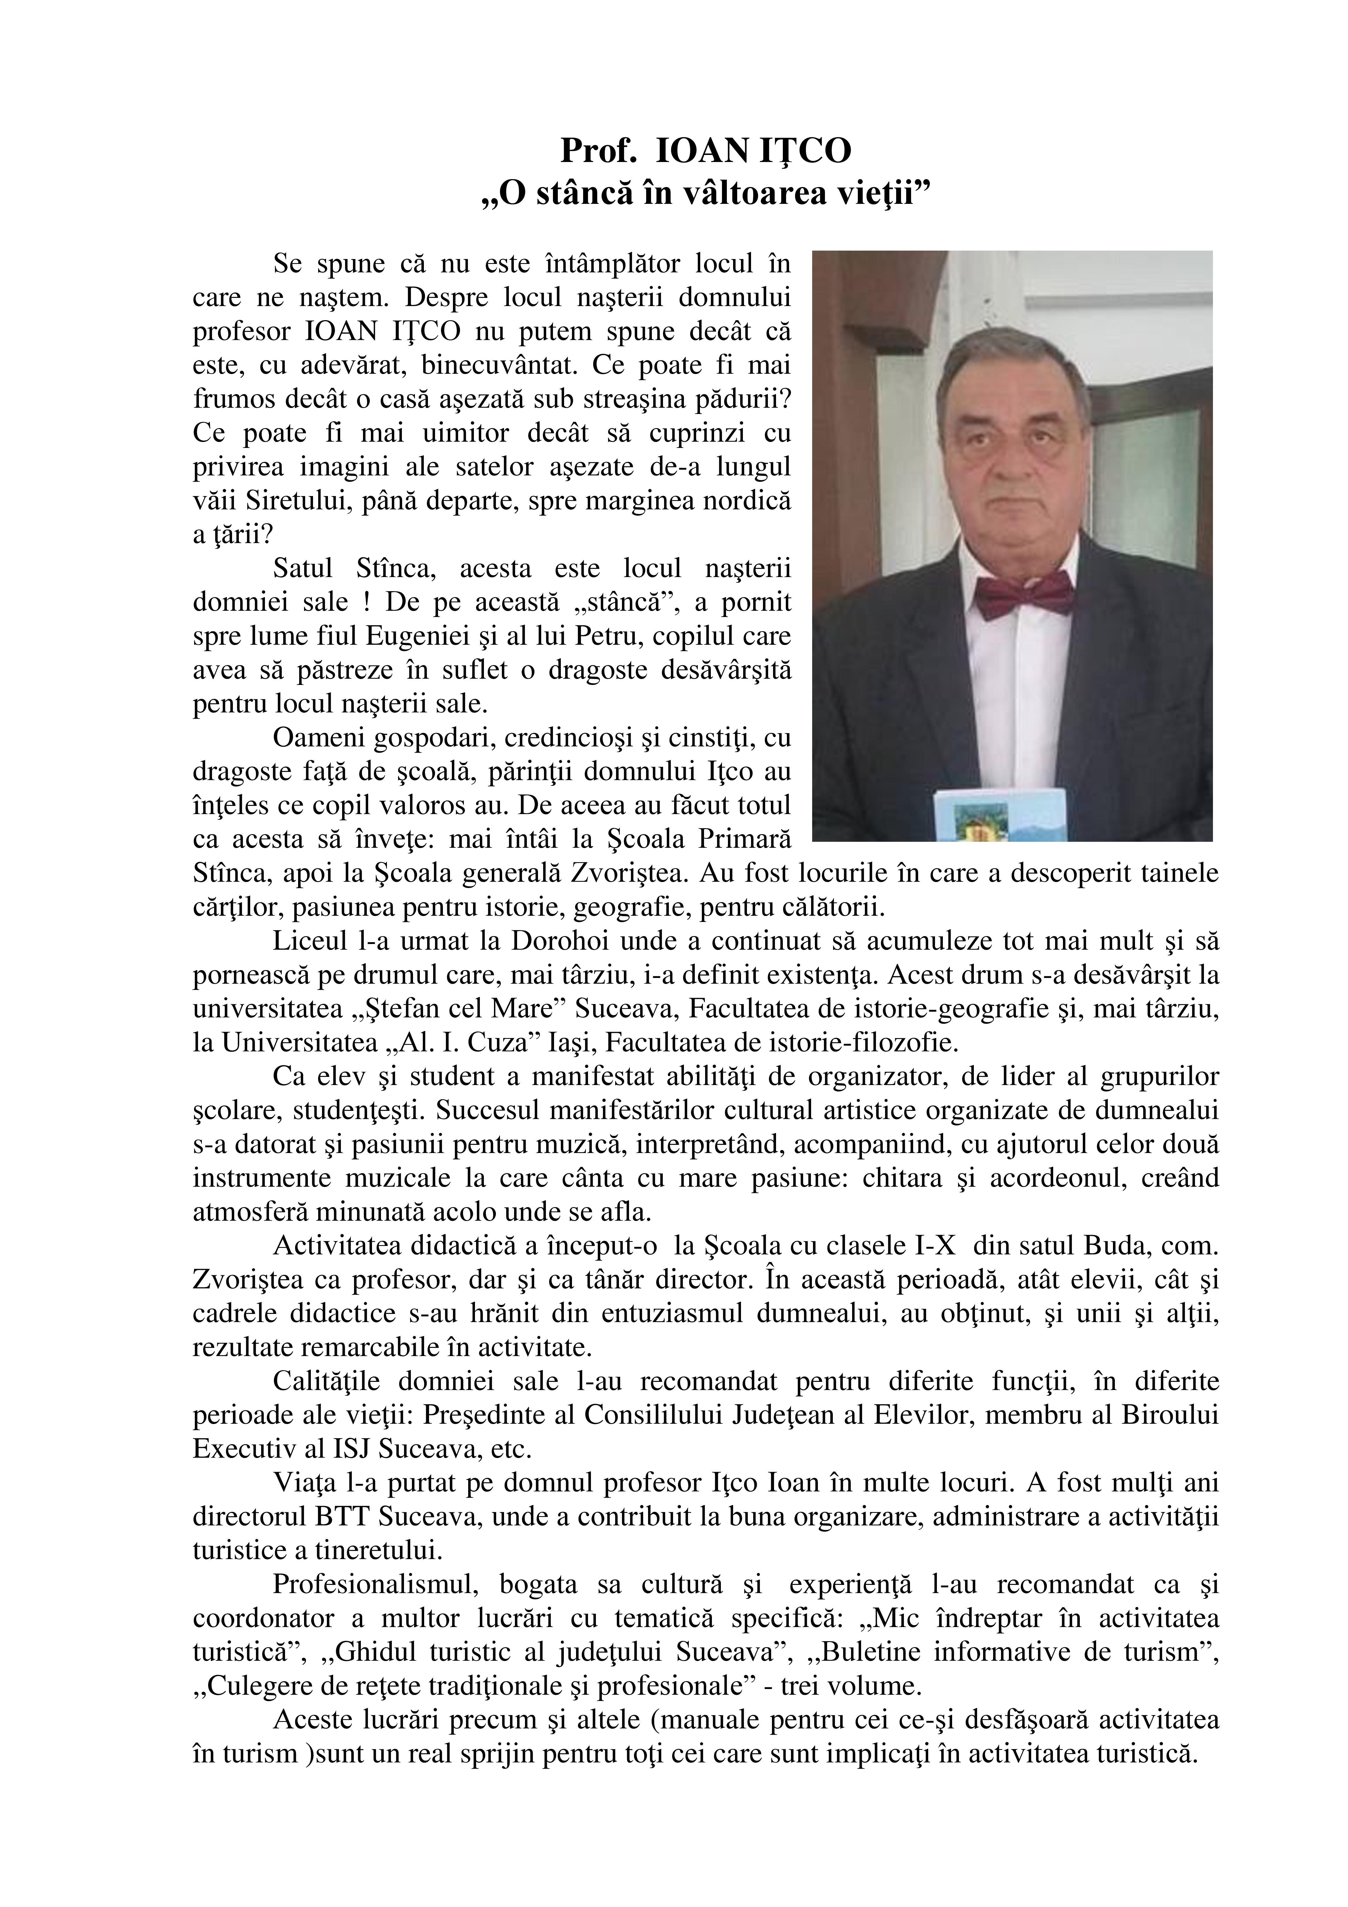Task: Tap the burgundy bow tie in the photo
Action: [x=1023, y=595]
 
